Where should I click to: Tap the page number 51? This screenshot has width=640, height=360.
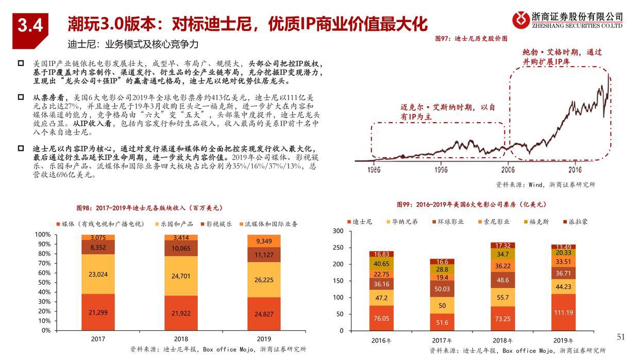pyautogui.click(x=620, y=337)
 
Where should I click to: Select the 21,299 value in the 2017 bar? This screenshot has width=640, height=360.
pyautogui.click(x=98, y=313)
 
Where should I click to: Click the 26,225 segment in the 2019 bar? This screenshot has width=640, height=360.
pyautogui.click(x=264, y=280)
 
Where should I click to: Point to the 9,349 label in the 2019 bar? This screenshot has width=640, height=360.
pyautogui.click(x=264, y=241)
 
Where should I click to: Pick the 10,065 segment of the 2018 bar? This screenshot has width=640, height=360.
pyautogui.click(x=181, y=249)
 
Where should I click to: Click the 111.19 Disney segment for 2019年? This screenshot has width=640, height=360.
pyautogui.click(x=563, y=313)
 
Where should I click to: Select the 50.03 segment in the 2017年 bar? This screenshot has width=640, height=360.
pyautogui.click(x=442, y=289)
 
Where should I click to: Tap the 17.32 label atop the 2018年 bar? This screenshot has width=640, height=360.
pyautogui.click(x=502, y=246)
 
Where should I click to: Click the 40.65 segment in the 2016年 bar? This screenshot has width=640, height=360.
pyautogui.click(x=381, y=264)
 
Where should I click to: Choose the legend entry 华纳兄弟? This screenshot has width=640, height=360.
pyautogui.click(x=404, y=221)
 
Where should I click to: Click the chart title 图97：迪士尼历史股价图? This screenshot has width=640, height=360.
pyautogui.click(x=471, y=39)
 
